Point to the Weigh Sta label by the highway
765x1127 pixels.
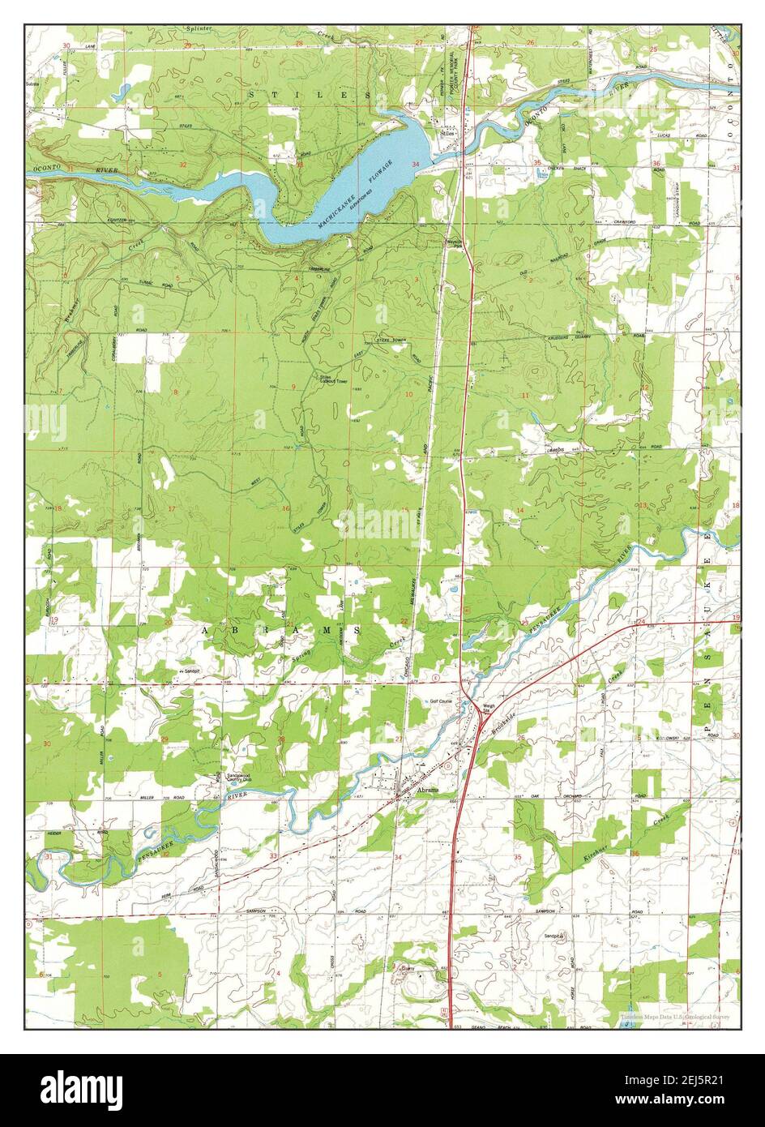coord(489,708)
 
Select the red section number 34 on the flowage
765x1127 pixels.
coord(416,165)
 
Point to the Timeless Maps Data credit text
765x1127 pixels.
coord(675,1016)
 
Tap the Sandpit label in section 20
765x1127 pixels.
coord(187,672)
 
